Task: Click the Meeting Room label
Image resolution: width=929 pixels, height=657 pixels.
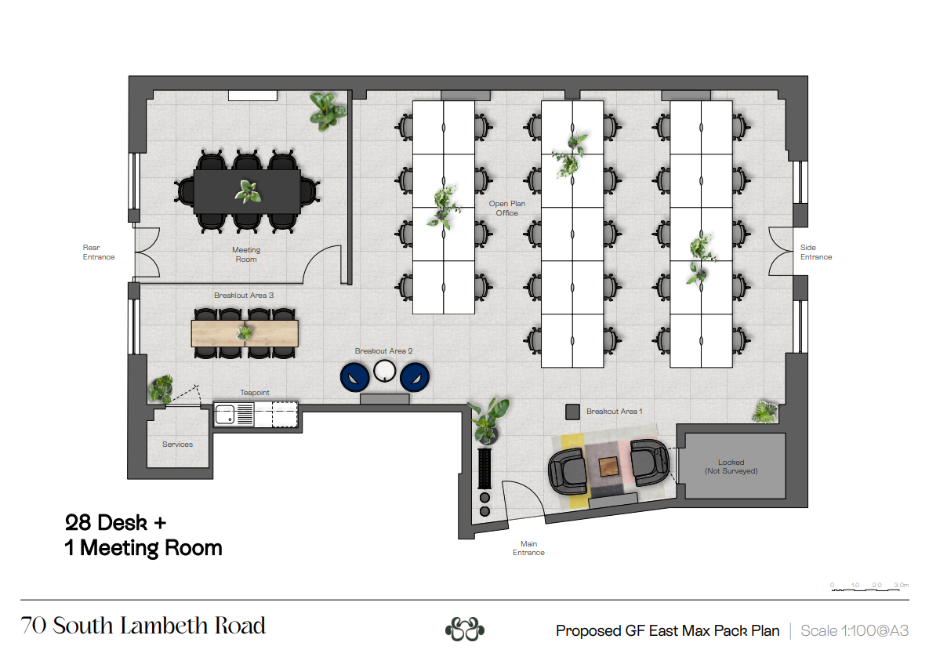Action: (x=246, y=255)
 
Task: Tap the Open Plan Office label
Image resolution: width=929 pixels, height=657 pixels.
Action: (x=507, y=208)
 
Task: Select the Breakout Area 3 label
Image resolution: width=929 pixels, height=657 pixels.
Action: (x=244, y=295)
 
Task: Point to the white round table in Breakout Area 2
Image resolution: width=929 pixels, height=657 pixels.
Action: (x=384, y=372)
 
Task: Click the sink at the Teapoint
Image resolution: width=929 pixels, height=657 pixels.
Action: (x=225, y=414)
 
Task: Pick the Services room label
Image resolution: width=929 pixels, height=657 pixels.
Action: (x=177, y=445)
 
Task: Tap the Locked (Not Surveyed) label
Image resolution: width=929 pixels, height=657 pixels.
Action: (x=731, y=466)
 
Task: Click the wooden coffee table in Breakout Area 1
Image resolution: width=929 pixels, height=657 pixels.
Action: (x=608, y=466)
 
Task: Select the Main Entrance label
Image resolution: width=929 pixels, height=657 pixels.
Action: (x=528, y=548)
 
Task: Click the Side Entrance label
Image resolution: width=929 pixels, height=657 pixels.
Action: (x=816, y=252)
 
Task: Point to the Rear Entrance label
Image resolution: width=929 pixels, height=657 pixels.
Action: (x=98, y=252)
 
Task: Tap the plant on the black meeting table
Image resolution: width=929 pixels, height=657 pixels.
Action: (x=248, y=191)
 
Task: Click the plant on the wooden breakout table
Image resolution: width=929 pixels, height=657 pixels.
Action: (x=245, y=333)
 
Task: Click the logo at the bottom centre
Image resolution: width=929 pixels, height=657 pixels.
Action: (x=464, y=629)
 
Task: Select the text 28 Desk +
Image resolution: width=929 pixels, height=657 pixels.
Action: (x=115, y=522)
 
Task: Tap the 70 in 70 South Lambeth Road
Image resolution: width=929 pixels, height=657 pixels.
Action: (x=33, y=626)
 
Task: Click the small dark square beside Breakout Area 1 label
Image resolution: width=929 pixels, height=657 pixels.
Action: (x=572, y=412)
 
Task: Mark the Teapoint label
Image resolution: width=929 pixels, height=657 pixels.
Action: (x=255, y=393)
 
